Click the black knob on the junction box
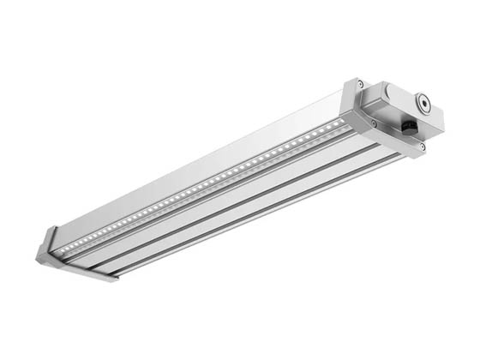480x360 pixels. point(410,127)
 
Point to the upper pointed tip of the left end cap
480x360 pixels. point(51,230)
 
